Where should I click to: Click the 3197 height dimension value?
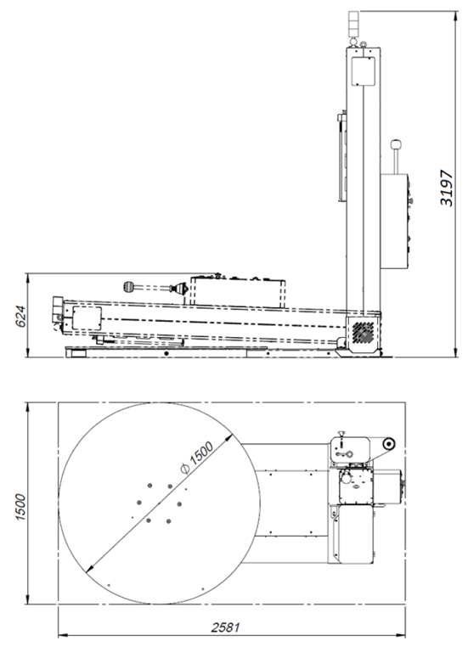click(x=446, y=188)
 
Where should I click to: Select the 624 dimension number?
click(x=20, y=317)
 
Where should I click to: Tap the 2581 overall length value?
click(x=225, y=627)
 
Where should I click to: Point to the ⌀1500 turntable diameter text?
click(x=197, y=458)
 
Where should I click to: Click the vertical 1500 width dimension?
click(x=20, y=507)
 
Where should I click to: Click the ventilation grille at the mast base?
click(x=363, y=332)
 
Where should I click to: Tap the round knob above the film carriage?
click(x=396, y=145)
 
